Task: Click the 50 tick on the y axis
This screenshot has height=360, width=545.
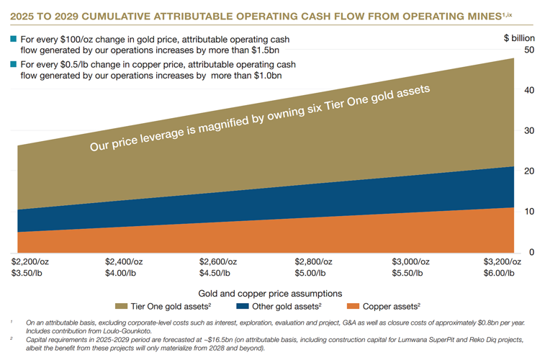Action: (528, 50)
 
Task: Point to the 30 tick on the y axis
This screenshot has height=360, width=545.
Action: (528, 130)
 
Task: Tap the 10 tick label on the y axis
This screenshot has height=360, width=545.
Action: (528, 211)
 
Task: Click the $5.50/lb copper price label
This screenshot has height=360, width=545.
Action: (407, 273)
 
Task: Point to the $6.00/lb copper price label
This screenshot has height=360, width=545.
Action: (503, 273)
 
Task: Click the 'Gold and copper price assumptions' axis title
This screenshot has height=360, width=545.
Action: (269, 293)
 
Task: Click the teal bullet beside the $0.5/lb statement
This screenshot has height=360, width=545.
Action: (14, 64)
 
